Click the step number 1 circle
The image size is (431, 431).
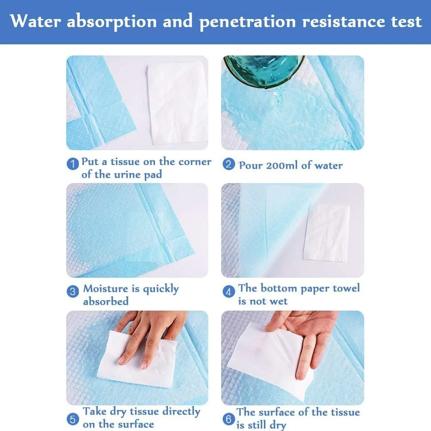(73, 164)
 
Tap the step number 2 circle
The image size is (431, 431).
(229, 164)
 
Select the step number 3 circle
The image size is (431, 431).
(73, 291)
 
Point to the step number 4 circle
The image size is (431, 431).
(229, 291)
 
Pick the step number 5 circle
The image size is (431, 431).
(73, 419)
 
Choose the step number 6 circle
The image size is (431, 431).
(229, 419)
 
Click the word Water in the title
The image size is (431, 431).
(35, 21)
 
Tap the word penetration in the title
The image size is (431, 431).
(248, 22)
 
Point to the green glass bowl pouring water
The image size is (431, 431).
(264, 71)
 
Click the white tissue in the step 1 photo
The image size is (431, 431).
(177, 103)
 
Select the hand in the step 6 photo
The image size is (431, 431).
(305, 341)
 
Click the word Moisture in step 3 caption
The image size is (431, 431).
(105, 288)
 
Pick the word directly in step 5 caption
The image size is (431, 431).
(181, 412)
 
